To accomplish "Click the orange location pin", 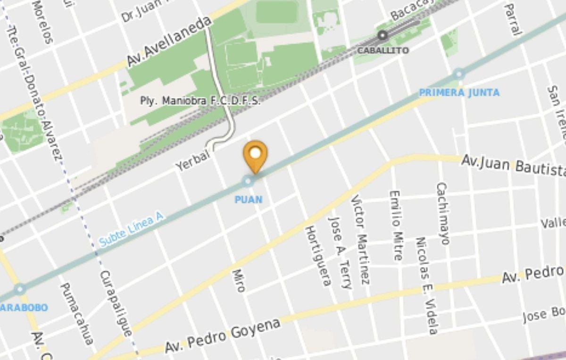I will coord(255,155).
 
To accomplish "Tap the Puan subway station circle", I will coord(248,181).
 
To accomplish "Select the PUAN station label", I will coord(249,200).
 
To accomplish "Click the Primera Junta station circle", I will coord(458,74).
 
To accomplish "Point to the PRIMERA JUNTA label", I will coord(459,92).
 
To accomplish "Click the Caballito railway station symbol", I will coord(382,35).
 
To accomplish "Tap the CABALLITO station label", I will coord(383,50).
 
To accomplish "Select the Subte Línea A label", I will coord(131,229).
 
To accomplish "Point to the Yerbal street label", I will coord(192,160).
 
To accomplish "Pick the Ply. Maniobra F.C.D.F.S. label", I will coord(200,100).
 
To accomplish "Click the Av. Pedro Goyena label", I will coord(223,336).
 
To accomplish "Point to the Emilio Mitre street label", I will coord(396,226).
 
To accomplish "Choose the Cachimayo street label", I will coord(443,213).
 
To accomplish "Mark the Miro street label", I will coord(239,280).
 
